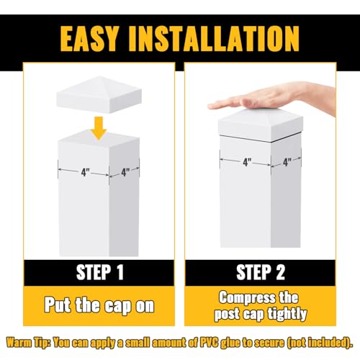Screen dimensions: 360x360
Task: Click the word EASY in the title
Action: (89, 38)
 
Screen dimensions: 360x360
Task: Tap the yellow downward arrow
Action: (99, 128)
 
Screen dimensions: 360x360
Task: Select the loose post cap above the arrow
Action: (99, 95)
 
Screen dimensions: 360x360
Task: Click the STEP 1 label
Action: (100, 272)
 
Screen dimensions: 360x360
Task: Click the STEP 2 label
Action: (261, 272)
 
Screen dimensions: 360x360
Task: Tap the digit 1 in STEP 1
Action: (120, 272)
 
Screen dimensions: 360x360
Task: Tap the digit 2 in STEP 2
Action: (280, 272)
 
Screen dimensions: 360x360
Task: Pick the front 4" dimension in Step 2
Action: (247, 162)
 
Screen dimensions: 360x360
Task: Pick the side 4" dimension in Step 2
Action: (287, 162)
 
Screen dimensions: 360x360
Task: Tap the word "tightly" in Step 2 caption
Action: (287, 315)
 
